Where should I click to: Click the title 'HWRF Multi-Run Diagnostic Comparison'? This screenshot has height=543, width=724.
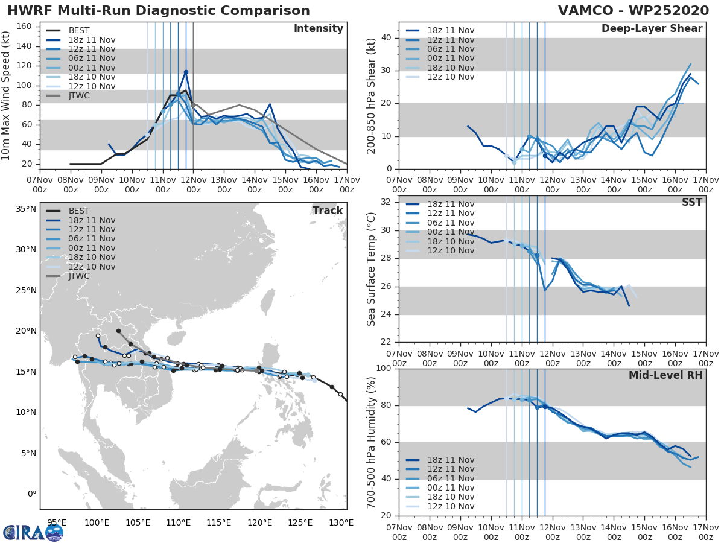[159, 11]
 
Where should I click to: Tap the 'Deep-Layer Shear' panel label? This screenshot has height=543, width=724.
[652, 29]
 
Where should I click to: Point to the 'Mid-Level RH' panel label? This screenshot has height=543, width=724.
[665, 375]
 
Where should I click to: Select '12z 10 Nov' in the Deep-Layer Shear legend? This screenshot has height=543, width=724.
[450, 77]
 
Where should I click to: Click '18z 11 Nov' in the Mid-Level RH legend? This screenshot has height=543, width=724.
[450, 460]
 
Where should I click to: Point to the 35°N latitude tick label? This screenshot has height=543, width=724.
[25, 209]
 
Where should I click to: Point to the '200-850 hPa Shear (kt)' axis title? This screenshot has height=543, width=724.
[372, 95]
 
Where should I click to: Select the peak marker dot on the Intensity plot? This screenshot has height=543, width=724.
[186, 72]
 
